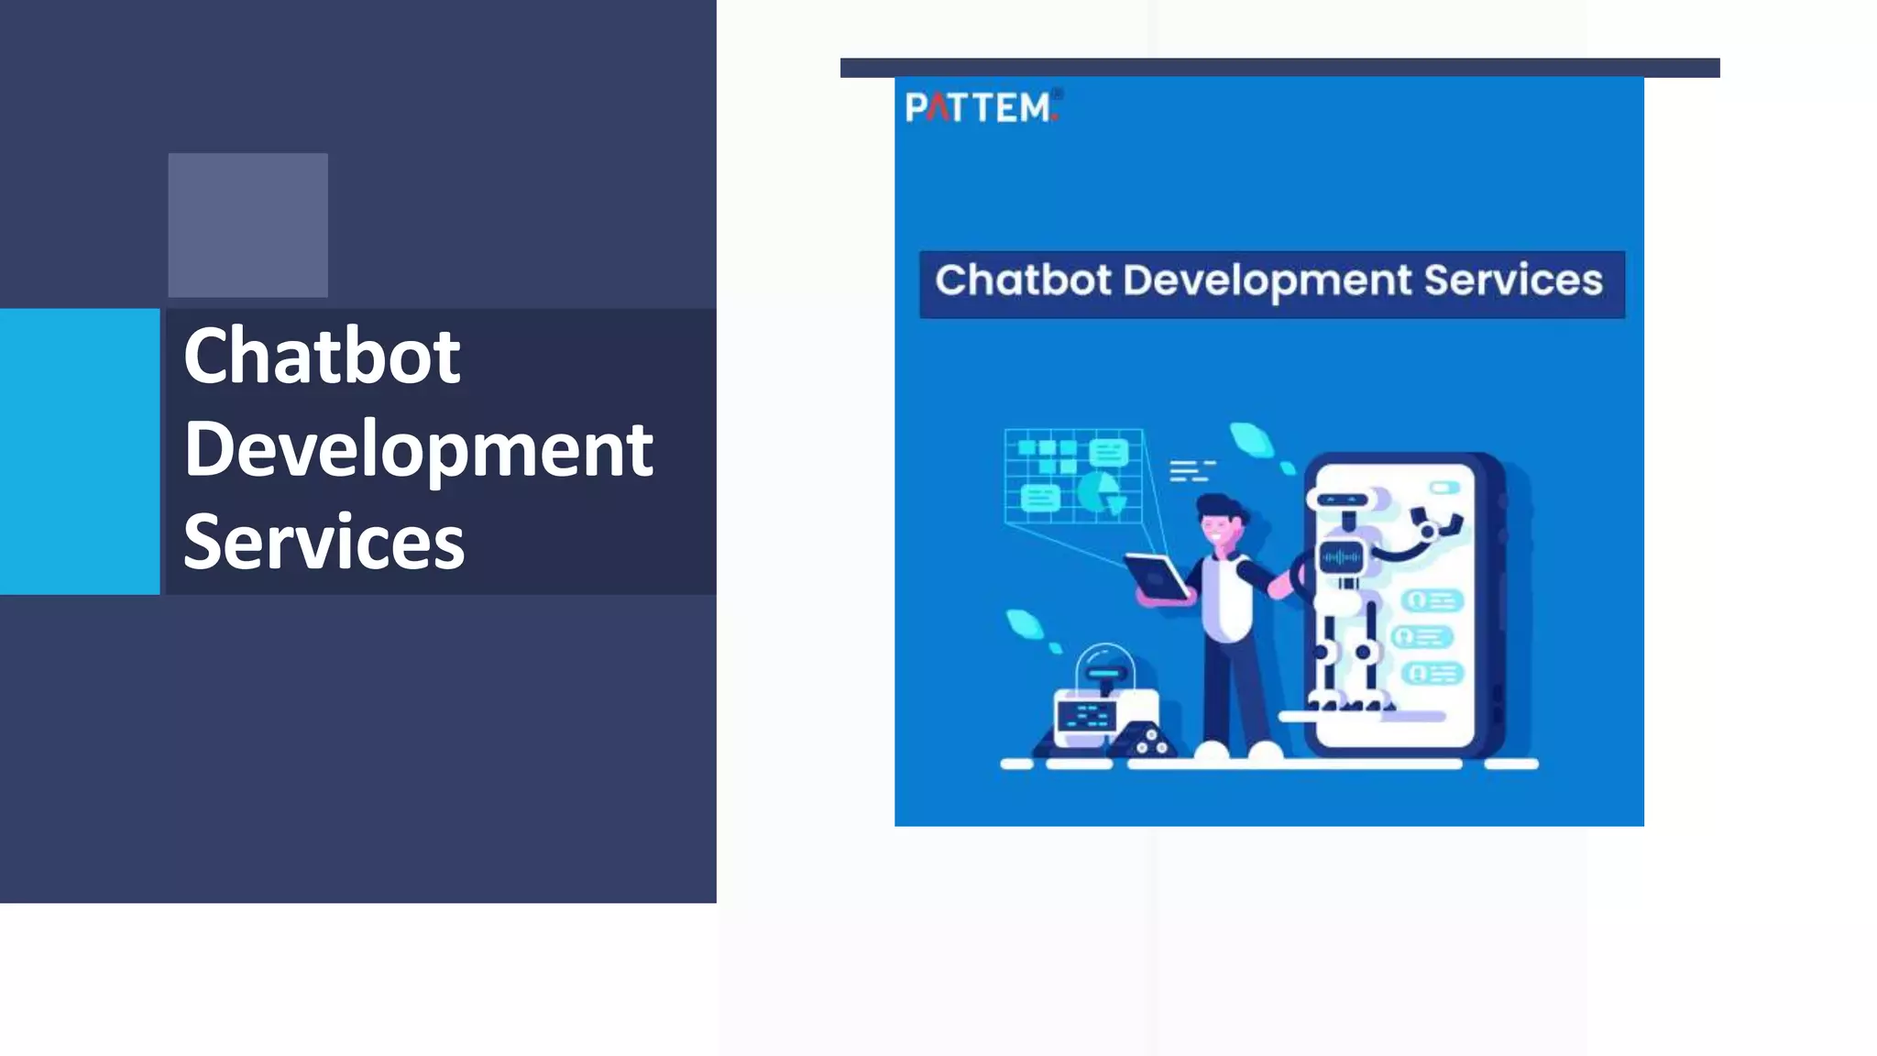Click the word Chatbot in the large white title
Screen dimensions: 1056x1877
pos(322,357)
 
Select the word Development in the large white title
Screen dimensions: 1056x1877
pos(418,450)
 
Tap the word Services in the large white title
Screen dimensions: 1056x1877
pos(324,543)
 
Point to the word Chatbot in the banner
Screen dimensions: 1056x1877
pos(1023,280)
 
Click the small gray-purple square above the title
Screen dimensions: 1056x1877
pos(247,225)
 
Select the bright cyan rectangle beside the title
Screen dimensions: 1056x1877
pos(80,451)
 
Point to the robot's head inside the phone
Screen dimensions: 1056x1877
pos(1343,500)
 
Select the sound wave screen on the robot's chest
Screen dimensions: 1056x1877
pos(1341,557)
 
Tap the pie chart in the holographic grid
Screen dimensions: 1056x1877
pos(1099,492)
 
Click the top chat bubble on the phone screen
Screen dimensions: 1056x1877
pos(1432,600)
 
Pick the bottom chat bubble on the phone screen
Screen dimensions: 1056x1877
pos(1432,674)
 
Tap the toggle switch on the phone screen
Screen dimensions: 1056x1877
pos(1444,489)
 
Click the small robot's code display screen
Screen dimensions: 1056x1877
pos(1087,715)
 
